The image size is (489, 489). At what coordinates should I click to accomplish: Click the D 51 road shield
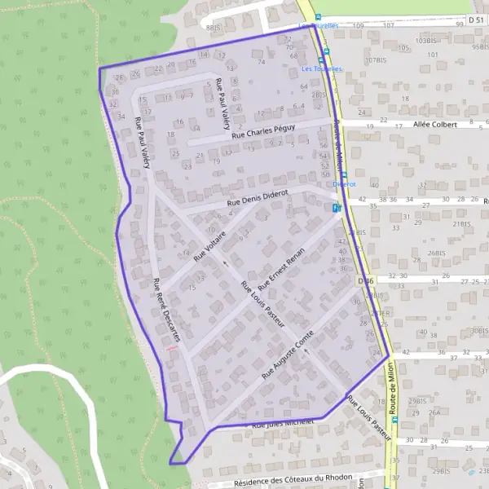point(477,18)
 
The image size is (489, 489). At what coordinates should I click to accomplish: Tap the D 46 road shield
point(365,282)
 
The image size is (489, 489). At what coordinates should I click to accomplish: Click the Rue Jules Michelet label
point(283,424)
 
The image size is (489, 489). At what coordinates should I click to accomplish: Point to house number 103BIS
point(426,40)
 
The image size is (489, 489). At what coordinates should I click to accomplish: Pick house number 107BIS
point(375,59)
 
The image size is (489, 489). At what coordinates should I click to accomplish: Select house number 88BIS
point(214,27)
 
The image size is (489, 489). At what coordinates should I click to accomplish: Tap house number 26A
point(434,412)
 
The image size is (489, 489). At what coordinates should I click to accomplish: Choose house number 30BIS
point(478,331)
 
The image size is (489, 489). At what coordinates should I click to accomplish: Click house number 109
point(359,25)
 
